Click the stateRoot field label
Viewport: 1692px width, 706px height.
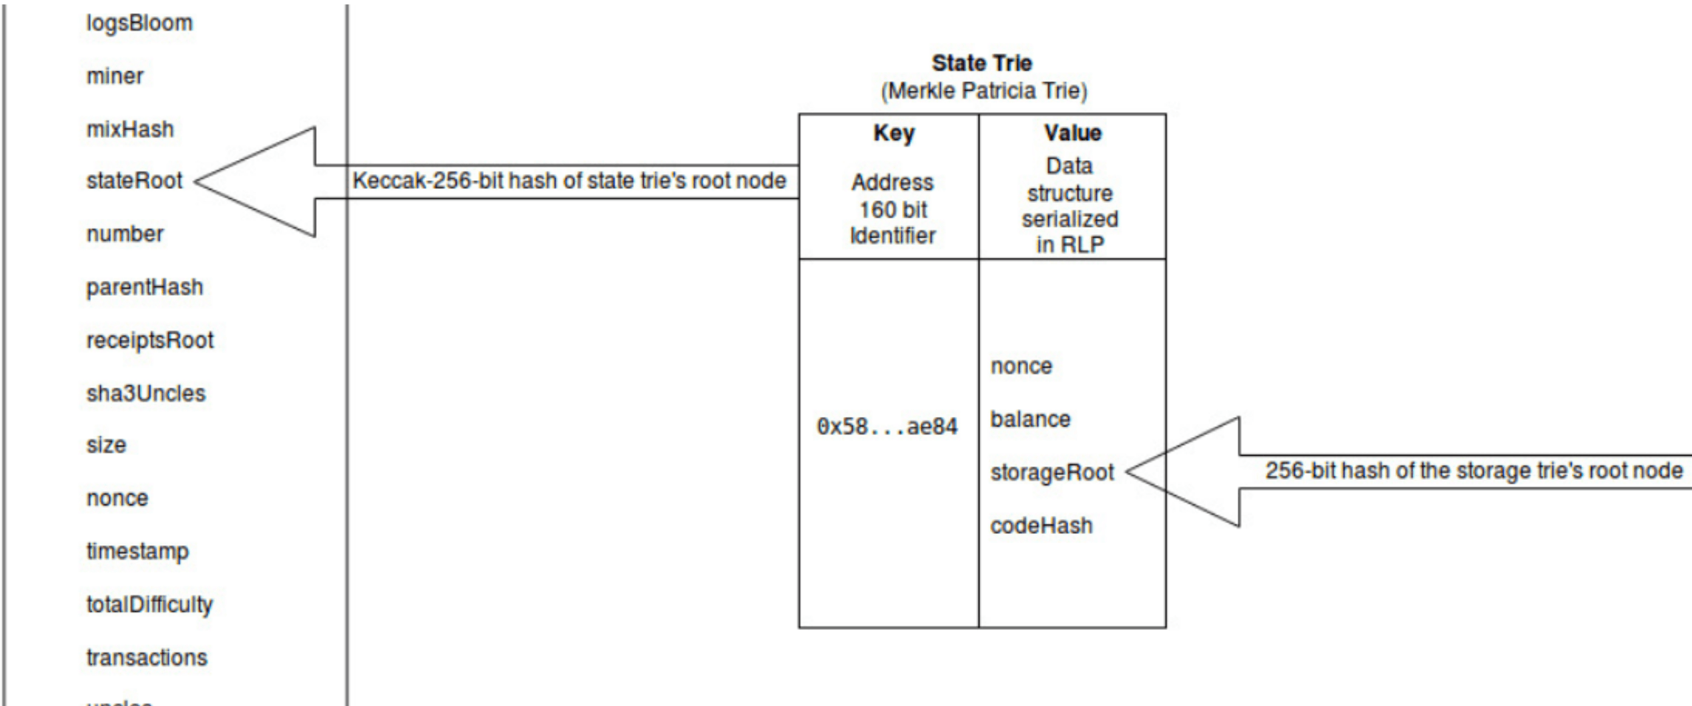134,181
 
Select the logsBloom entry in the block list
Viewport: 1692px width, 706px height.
139,23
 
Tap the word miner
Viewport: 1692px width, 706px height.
115,76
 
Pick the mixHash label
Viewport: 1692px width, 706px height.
130,129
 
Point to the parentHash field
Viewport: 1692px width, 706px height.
145,287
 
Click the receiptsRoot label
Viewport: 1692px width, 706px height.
150,340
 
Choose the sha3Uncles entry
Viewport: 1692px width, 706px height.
146,393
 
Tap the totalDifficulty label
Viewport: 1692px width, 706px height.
150,605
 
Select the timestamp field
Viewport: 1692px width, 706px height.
137,551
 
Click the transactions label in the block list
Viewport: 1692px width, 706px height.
147,657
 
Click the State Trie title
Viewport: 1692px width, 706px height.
982,63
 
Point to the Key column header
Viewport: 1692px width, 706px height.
894,133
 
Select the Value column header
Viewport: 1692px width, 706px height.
1073,133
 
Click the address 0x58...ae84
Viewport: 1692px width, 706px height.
887,427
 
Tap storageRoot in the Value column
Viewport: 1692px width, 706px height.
1052,472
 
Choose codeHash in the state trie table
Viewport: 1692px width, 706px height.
1041,526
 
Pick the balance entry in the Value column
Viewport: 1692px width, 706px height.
1031,419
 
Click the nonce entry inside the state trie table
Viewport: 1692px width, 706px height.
1021,366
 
